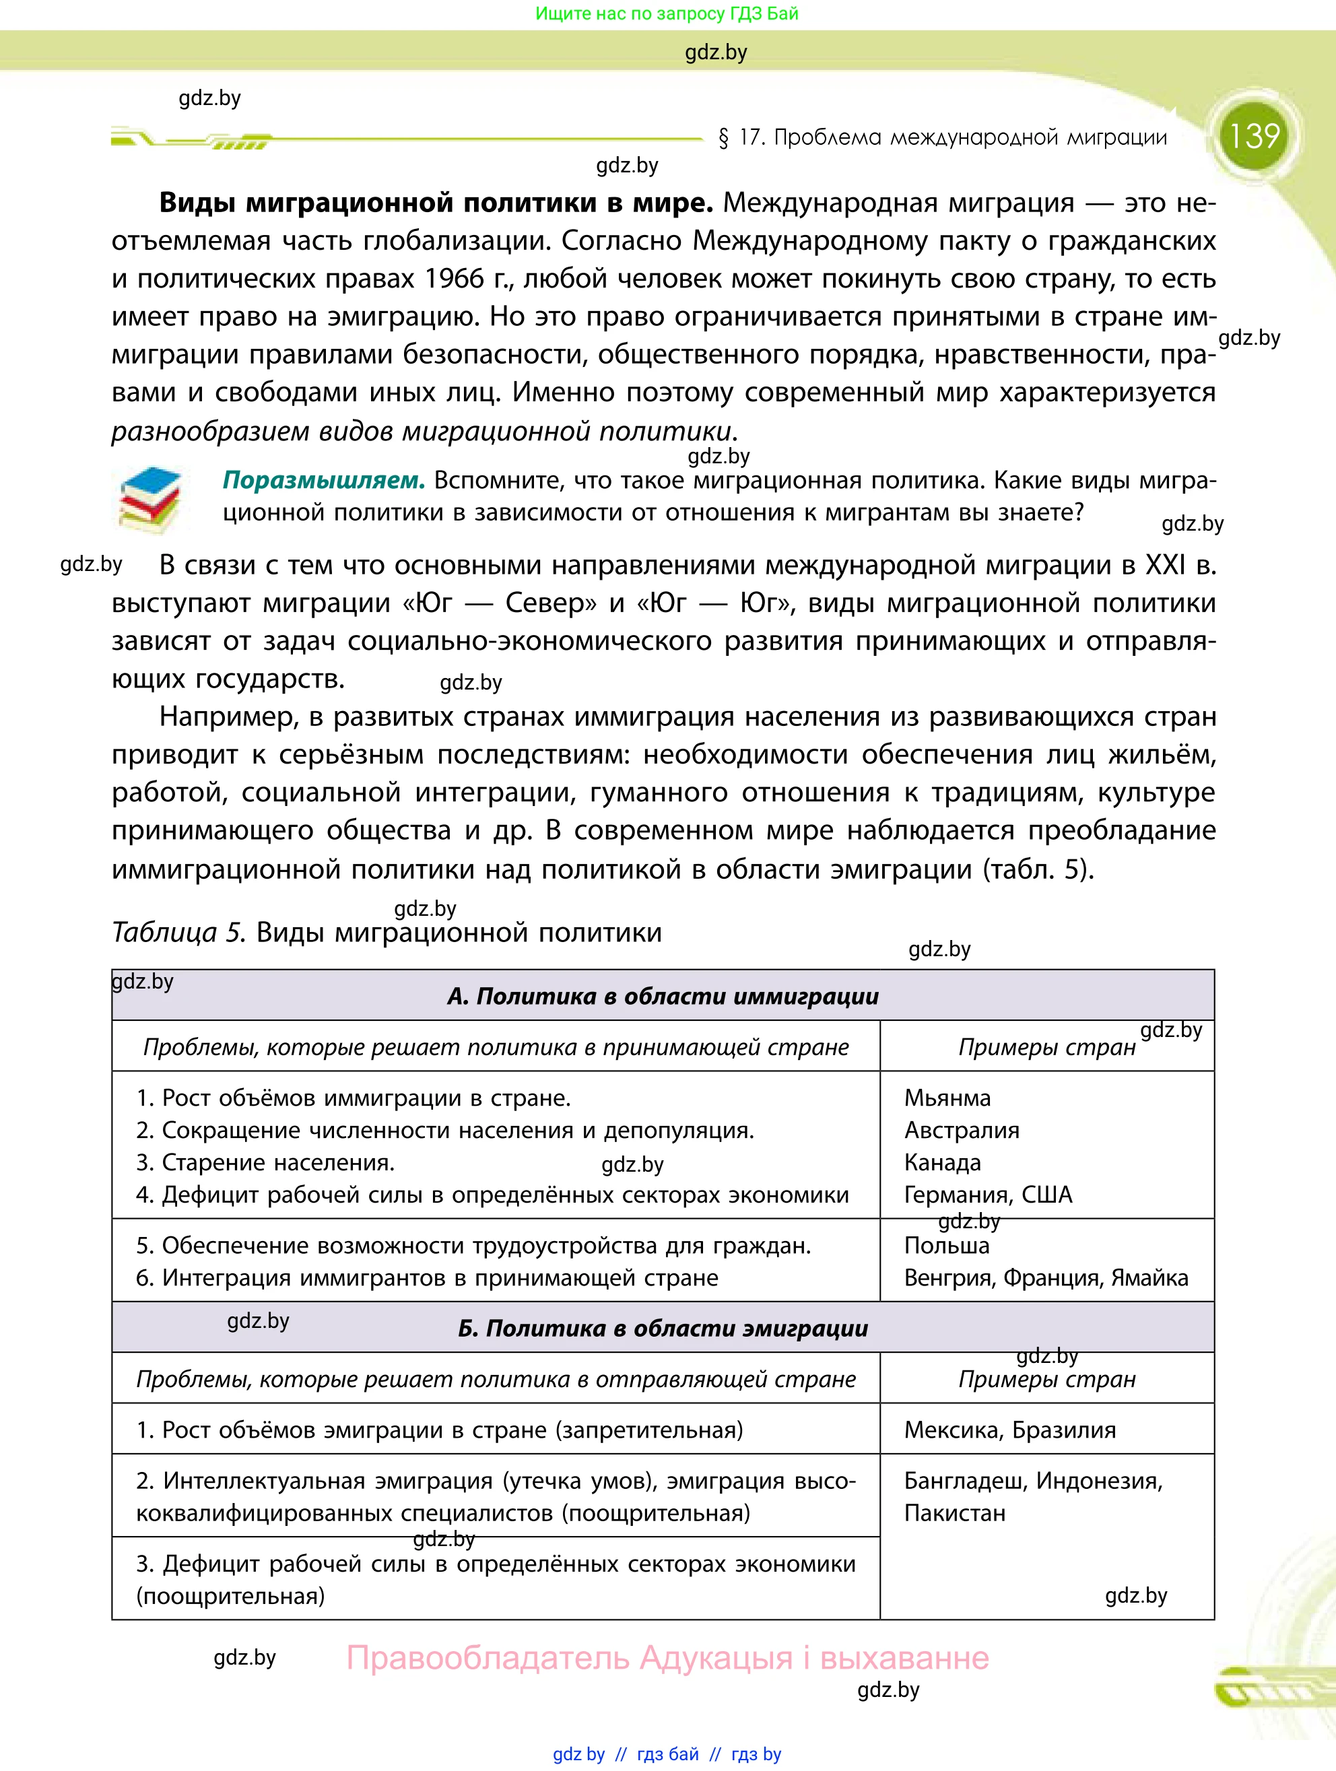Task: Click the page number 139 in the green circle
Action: click(1254, 136)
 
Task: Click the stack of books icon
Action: click(149, 500)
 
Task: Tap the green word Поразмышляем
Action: click(323, 480)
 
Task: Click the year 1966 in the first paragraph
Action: click(455, 279)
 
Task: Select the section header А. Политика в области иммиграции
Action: click(663, 996)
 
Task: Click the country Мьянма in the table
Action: click(947, 1098)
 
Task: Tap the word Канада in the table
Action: click(942, 1162)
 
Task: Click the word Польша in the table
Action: click(946, 1246)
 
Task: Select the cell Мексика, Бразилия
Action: click(1009, 1430)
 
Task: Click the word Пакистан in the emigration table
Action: click(954, 1513)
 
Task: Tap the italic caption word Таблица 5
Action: click(178, 933)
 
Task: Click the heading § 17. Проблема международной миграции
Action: click(943, 138)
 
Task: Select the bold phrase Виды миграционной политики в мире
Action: click(436, 203)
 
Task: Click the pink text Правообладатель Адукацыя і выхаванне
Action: click(667, 1658)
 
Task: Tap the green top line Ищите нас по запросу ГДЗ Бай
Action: click(667, 13)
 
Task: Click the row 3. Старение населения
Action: click(266, 1162)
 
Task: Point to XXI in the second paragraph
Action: click(1166, 565)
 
